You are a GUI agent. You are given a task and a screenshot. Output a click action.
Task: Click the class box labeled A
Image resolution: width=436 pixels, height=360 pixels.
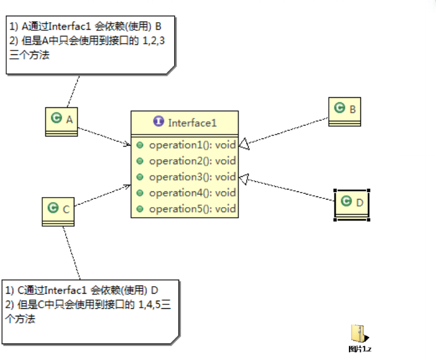click(x=61, y=120)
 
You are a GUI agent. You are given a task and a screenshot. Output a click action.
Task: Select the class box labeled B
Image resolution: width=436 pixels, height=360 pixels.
click(x=345, y=111)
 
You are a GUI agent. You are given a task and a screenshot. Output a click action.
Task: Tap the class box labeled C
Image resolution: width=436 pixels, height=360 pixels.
click(x=58, y=210)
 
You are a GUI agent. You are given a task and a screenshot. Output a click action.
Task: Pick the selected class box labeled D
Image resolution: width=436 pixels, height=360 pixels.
click(x=351, y=203)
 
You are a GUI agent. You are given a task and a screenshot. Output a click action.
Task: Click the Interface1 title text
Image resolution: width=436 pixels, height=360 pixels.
click(x=192, y=123)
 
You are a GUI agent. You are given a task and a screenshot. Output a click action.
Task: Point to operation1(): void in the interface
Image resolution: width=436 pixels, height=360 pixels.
click(x=192, y=145)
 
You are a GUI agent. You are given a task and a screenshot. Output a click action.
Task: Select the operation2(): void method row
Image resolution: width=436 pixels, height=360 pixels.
click(x=192, y=161)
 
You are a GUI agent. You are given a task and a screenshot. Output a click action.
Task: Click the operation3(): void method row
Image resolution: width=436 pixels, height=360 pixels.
click(x=192, y=177)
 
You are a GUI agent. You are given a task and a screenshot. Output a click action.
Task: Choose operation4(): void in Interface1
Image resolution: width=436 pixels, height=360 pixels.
click(x=192, y=193)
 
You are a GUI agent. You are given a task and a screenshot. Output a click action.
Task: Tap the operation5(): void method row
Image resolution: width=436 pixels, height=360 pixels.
click(x=192, y=208)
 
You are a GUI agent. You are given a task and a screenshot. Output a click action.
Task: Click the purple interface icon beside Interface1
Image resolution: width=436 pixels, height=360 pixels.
click(x=158, y=123)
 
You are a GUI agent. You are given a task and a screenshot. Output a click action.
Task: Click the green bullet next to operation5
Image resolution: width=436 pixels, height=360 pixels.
click(x=140, y=209)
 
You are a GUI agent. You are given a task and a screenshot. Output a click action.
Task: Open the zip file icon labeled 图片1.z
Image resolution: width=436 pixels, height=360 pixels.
click(x=358, y=334)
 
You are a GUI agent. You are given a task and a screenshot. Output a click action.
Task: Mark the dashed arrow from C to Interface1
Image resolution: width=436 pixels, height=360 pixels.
click(x=101, y=197)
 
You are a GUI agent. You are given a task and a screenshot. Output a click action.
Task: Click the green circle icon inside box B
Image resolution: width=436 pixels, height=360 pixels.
click(x=339, y=109)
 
